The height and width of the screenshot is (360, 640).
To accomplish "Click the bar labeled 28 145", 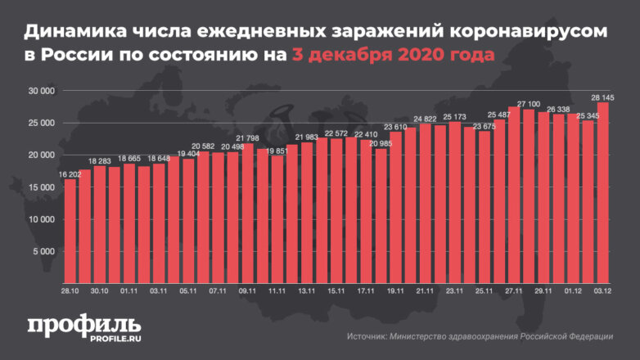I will pos(602,192).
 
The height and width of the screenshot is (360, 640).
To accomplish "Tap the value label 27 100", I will pos(528,104).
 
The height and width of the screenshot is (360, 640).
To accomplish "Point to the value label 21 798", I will pos(247,137).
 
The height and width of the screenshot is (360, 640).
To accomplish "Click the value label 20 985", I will pos(381,144).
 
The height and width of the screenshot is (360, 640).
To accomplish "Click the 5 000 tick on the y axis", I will pos(42,251).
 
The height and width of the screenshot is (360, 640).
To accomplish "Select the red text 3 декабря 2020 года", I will pos(394,56).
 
